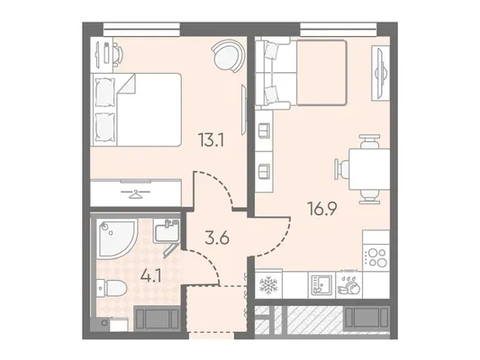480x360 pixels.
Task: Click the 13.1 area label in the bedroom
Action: (212, 140)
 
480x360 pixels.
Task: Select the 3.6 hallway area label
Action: (217, 238)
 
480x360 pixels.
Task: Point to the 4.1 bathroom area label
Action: (151, 277)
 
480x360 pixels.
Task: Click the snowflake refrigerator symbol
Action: (268, 285)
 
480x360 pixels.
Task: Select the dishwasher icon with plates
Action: (349, 286)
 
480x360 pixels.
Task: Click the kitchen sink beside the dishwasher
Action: (322, 285)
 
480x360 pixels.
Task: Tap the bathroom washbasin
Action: (167, 232)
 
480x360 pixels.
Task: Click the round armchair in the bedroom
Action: (228, 57)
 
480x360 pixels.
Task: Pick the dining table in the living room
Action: (369, 169)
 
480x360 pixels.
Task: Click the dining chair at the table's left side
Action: (341, 169)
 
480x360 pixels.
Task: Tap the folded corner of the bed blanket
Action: (127, 84)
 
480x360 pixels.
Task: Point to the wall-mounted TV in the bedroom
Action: (244, 109)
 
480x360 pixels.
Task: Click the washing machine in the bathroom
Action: (156, 319)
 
